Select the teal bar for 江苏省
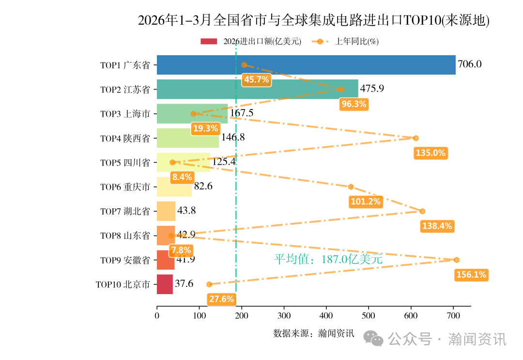click(257, 89)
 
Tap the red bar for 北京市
click(165, 284)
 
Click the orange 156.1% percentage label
click(471, 275)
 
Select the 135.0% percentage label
click(431, 153)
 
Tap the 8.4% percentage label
click(183, 177)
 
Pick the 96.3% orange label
click(354, 104)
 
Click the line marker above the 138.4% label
click(422, 211)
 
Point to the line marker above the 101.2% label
click(351, 187)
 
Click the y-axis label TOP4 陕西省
click(125, 138)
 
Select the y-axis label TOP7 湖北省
click(125, 211)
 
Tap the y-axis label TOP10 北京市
click(123, 284)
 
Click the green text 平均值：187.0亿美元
click(328, 259)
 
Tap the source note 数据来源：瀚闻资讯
click(313, 333)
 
